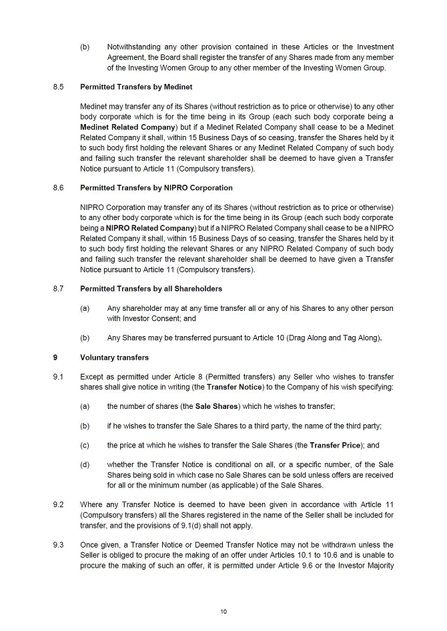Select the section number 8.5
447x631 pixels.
(58, 87)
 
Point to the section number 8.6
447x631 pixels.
(58, 188)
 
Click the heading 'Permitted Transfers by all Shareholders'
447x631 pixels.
(151, 289)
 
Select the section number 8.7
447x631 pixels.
(58, 289)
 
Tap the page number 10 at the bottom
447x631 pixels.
(223, 611)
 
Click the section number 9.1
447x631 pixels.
(58, 376)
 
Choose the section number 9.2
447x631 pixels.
(58, 505)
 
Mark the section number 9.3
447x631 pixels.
(58, 545)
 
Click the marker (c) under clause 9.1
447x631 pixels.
(85, 446)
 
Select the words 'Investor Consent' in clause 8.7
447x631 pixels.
(147, 318)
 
